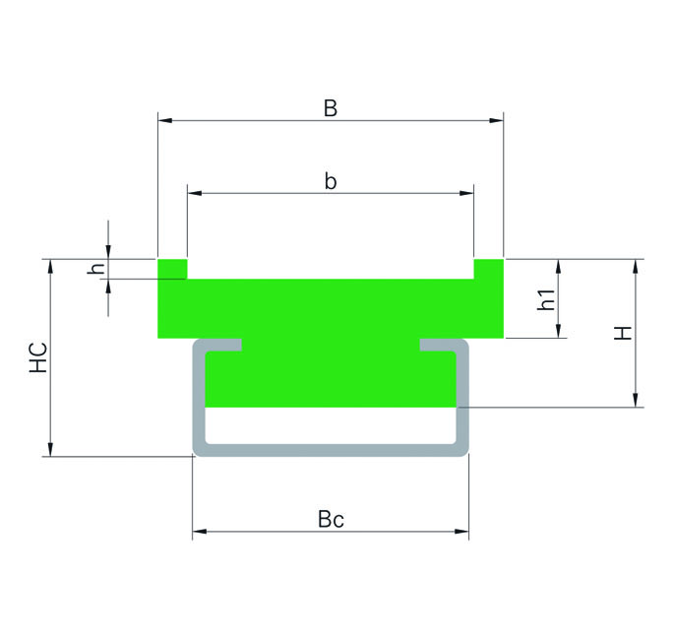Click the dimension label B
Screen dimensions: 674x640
(x=331, y=108)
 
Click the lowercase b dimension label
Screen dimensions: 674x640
(x=331, y=181)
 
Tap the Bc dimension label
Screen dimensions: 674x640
(x=331, y=519)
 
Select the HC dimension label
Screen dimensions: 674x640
(x=38, y=357)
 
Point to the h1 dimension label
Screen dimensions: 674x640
(x=547, y=299)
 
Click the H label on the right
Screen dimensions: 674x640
(x=623, y=333)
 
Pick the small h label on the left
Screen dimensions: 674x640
(x=96, y=269)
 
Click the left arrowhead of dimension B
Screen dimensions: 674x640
(x=165, y=120)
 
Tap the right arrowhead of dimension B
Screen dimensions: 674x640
(x=496, y=120)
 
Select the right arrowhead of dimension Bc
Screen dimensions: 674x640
(x=461, y=532)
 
